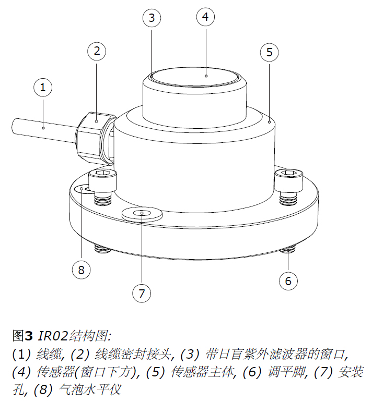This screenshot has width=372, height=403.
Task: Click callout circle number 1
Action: click(43, 88)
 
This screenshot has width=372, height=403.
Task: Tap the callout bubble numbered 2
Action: click(97, 51)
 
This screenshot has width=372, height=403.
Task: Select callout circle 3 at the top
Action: click(152, 18)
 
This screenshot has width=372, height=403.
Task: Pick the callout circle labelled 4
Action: click(205, 17)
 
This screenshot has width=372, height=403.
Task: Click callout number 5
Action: click(269, 52)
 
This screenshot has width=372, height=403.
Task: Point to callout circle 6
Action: click(288, 281)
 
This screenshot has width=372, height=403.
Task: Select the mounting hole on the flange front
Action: click(141, 214)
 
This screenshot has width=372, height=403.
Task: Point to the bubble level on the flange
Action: click(83, 189)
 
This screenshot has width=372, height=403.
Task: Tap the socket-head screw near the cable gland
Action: click(103, 185)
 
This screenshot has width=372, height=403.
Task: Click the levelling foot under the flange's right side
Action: click(287, 251)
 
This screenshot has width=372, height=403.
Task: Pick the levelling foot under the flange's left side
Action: click(102, 250)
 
